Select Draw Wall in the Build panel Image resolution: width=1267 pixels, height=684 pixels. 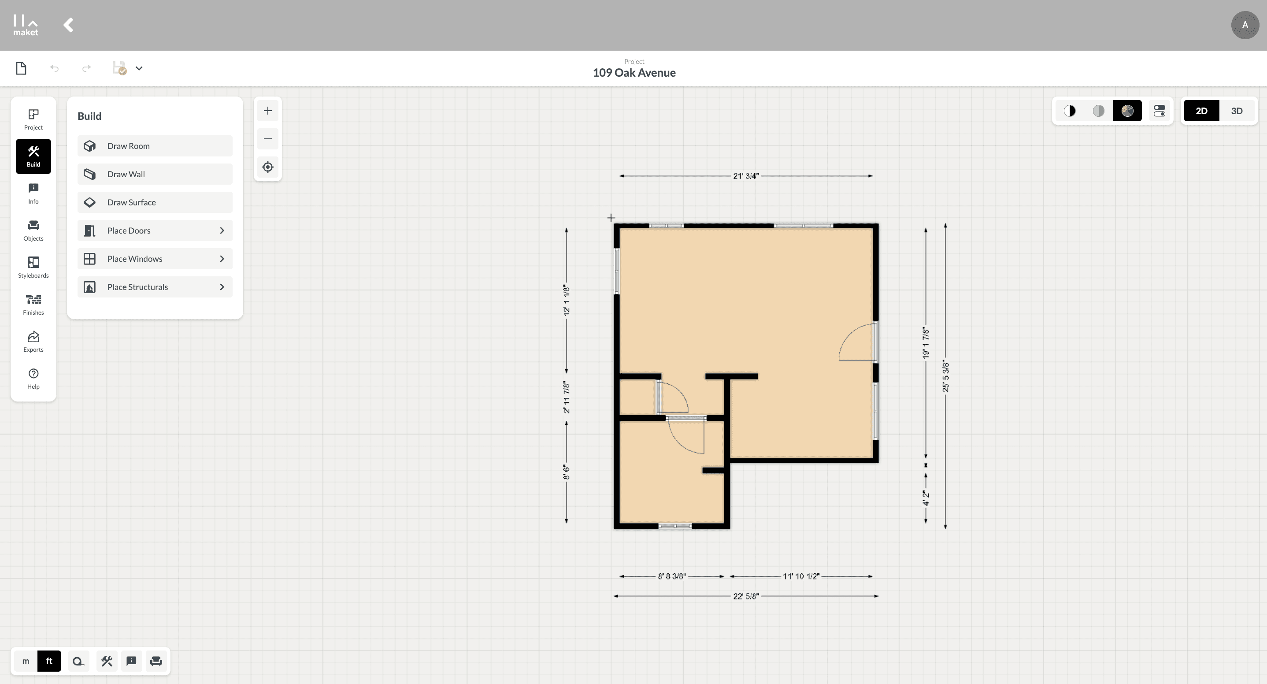point(155,174)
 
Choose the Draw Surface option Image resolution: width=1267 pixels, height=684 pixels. point(155,202)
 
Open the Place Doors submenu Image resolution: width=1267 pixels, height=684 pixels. point(155,230)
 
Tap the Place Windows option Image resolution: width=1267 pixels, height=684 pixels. point(155,259)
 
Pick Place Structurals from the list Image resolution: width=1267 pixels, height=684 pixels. point(155,287)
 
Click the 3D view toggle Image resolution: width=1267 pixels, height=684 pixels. point(1237,111)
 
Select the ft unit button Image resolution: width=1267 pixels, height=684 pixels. point(49,661)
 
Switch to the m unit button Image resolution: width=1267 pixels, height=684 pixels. point(26,661)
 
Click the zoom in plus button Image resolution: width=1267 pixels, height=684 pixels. point(267,111)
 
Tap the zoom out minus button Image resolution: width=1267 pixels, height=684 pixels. point(267,139)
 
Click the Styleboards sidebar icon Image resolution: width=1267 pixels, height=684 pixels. point(33,267)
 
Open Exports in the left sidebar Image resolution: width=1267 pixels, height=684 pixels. point(33,342)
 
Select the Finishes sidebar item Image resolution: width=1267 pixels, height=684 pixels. point(33,305)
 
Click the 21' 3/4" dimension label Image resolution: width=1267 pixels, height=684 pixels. point(746,176)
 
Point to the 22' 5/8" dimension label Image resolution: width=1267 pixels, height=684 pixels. point(746,596)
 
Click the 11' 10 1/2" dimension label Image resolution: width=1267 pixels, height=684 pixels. point(801,576)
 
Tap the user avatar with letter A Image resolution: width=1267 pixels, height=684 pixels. point(1245,25)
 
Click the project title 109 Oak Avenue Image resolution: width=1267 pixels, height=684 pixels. point(634,73)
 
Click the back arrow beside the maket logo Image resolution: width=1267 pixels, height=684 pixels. point(68,25)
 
